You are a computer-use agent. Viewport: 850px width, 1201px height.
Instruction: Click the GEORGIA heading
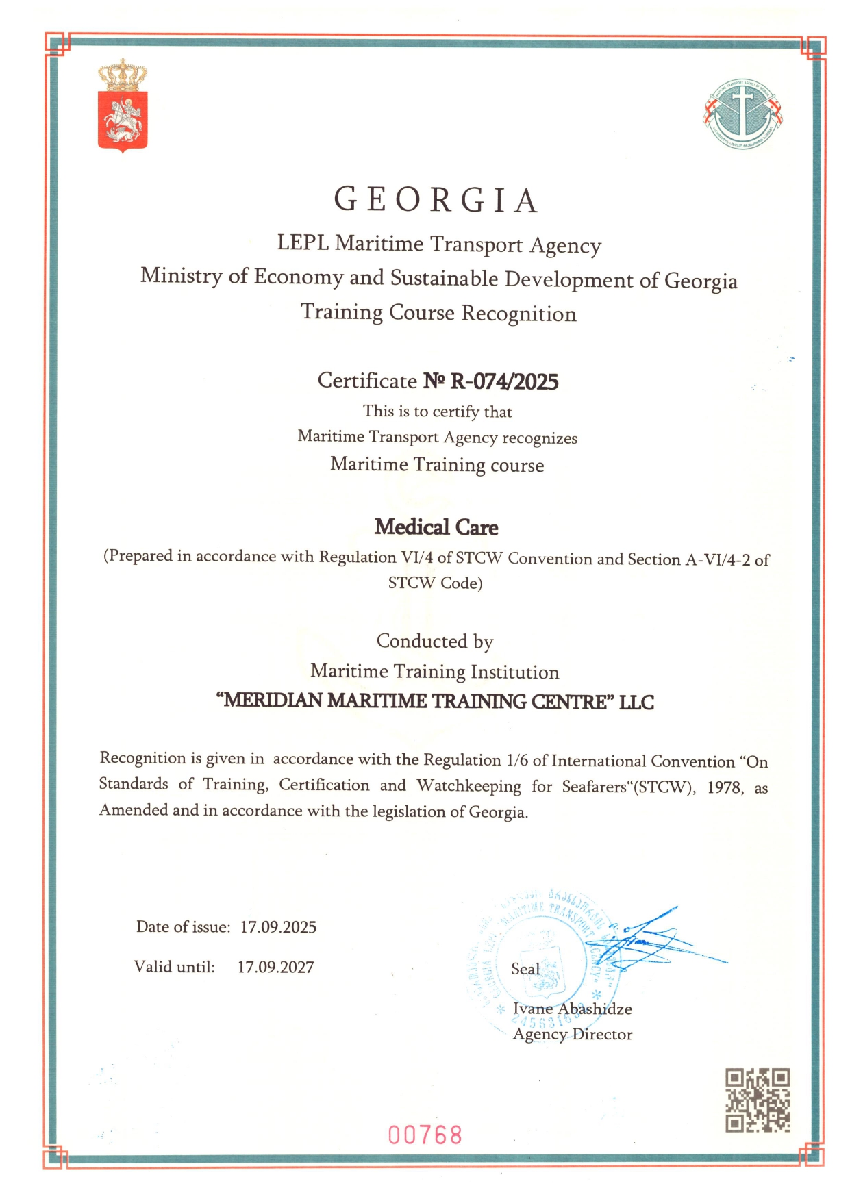(x=437, y=200)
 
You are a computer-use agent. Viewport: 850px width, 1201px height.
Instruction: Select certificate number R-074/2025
(x=504, y=381)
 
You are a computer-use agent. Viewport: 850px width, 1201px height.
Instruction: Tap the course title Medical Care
(x=436, y=527)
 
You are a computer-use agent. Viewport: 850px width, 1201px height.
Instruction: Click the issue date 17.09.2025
(x=278, y=927)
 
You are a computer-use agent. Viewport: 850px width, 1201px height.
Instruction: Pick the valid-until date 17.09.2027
(x=275, y=967)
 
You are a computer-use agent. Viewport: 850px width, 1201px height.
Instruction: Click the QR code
(x=758, y=1100)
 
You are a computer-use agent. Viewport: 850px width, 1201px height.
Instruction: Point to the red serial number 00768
(x=425, y=1135)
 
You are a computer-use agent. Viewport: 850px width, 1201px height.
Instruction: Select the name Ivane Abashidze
(x=572, y=1009)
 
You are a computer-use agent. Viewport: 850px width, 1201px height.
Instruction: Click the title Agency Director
(x=573, y=1034)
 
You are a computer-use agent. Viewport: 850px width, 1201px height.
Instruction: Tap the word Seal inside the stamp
(x=525, y=968)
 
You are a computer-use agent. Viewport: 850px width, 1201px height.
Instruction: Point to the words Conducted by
(x=435, y=642)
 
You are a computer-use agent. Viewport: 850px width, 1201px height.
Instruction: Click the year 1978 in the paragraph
(x=725, y=787)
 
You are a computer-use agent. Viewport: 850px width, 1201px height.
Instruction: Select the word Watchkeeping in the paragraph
(x=469, y=785)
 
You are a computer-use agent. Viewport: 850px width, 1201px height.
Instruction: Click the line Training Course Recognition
(x=438, y=313)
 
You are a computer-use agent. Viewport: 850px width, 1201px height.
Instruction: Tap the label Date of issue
(x=183, y=926)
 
